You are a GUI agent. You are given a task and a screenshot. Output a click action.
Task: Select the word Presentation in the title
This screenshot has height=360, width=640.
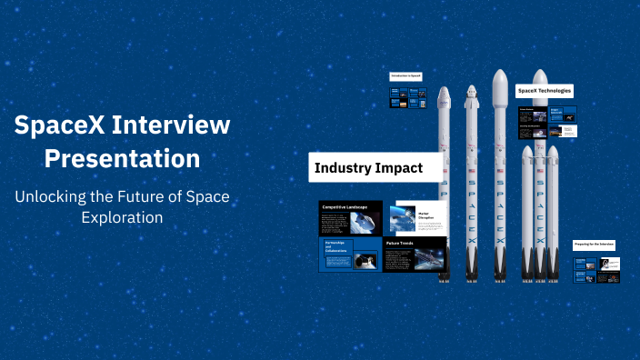(123, 157)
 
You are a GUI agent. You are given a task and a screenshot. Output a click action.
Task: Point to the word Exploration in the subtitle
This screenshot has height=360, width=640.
(123, 217)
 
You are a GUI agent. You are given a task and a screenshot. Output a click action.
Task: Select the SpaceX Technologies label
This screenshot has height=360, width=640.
(544, 91)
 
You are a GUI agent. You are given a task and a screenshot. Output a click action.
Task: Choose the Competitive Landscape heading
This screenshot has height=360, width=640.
(345, 207)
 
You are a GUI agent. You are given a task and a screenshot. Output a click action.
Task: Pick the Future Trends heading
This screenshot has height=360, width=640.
(402, 243)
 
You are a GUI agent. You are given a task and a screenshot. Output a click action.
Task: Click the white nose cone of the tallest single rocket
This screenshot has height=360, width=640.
(498, 87)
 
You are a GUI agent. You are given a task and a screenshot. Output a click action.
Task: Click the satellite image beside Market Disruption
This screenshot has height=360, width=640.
(402, 218)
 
